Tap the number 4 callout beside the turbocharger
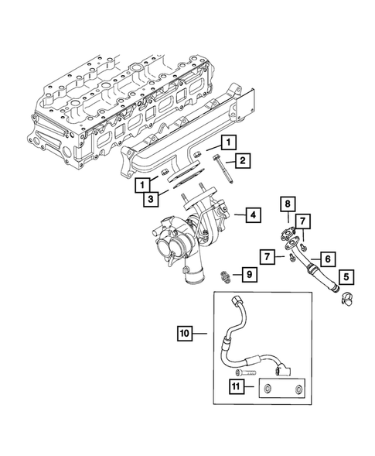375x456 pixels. click(252, 214)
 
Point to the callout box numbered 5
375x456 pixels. click(345, 274)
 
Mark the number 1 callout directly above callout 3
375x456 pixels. click(143, 184)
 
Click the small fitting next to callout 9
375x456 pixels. click(225, 274)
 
